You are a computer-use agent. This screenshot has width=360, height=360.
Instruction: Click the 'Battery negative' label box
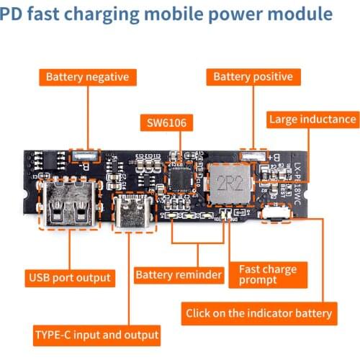[87, 76]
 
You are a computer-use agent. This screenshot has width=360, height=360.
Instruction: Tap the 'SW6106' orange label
[167, 123]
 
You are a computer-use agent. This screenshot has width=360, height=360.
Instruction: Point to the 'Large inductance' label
[312, 120]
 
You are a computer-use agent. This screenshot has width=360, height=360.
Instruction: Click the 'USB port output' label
[70, 277]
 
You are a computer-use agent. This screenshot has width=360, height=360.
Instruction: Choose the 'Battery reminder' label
[178, 274]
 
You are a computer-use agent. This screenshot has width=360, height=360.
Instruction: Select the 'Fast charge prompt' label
[267, 274]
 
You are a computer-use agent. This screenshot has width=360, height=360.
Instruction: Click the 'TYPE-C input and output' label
[96, 335]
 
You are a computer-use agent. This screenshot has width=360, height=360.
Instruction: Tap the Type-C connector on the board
[132, 210]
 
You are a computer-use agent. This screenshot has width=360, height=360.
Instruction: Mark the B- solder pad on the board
[85, 154]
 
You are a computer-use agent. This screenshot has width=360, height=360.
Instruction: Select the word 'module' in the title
[297, 14]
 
